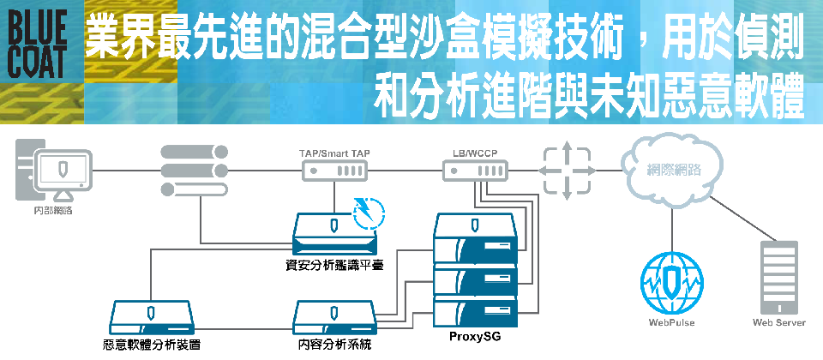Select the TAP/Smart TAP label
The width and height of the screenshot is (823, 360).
coord(334,153)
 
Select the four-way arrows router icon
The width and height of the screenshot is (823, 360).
coord(566,171)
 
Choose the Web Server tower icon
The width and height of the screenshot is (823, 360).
coord(778,278)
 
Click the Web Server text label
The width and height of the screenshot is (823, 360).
coord(778,324)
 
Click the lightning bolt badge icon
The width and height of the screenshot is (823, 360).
coord(368,212)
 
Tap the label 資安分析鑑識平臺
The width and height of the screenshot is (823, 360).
coord(333,265)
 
